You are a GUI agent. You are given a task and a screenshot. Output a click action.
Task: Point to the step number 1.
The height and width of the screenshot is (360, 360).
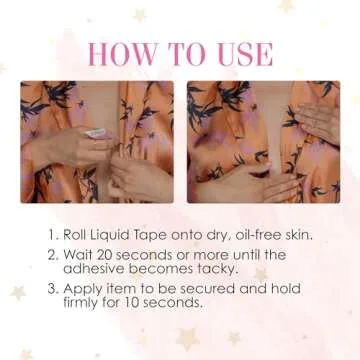pos(51,235)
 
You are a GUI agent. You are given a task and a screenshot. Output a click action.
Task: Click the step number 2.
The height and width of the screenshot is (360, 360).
pos(51,255)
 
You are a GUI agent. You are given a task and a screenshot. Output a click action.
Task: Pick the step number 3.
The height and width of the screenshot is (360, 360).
pos(51,288)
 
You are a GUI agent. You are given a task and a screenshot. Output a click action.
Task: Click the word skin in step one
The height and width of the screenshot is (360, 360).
pos(299,235)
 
